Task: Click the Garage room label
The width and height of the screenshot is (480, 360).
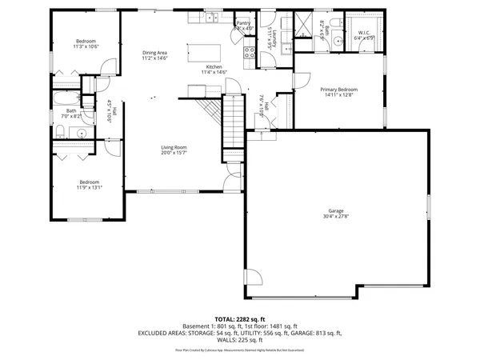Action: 337,210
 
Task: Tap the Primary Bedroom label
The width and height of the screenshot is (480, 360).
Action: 339,89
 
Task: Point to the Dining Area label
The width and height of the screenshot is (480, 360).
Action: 154,52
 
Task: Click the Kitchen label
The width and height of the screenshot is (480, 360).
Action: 214,66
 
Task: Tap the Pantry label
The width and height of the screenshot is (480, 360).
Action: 243,23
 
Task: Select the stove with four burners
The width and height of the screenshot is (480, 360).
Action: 249,54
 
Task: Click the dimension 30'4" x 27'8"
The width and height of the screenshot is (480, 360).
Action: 337,216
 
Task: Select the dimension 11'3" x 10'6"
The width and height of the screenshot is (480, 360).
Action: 87,46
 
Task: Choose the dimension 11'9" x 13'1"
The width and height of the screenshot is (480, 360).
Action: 89,187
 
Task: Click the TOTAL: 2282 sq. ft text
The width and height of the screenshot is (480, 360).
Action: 239,318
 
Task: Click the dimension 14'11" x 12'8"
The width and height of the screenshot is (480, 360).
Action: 339,95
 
